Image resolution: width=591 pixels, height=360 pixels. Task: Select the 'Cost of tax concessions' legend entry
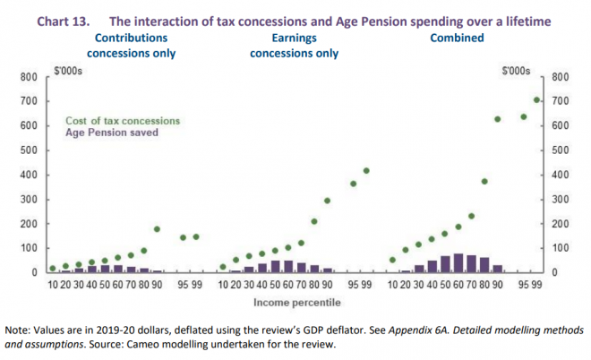pyautogui.click(x=123, y=120)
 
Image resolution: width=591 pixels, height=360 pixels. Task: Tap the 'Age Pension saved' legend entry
pyautogui.click(x=112, y=132)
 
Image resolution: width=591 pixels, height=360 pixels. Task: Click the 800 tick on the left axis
pyautogui.click(x=28, y=77)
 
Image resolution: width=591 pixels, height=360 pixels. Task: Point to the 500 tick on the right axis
pyautogui.click(x=564, y=150)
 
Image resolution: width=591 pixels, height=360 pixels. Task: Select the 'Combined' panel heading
pyautogui.click(x=457, y=38)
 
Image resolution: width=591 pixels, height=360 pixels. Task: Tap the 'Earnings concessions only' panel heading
pyautogui.click(x=294, y=45)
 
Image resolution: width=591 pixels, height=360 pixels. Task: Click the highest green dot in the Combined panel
pyautogui.click(x=537, y=100)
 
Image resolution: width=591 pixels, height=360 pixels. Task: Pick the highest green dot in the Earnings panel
pyautogui.click(x=366, y=170)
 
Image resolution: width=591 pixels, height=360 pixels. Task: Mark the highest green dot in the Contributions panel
pyautogui.click(x=157, y=229)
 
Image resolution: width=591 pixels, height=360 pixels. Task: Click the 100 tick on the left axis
pyautogui.click(x=28, y=247)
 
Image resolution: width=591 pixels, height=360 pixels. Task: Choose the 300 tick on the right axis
pyautogui.click(x=564, y=199)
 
